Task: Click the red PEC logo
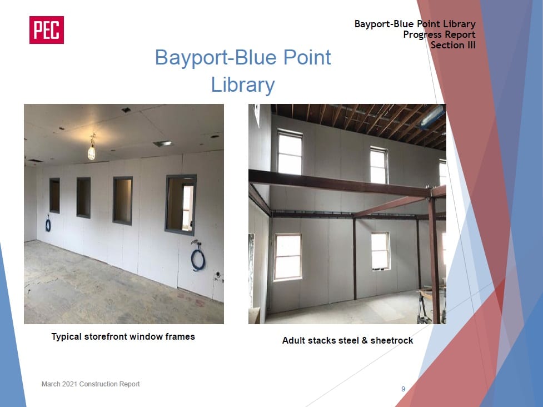(x=46, y=30)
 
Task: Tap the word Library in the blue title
(x=243, y=85)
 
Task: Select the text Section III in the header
(x=453, y=45)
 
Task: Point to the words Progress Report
(x=439, y=34)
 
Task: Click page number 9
(x=403, y=389)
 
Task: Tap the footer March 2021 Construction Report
(x=91, y=384)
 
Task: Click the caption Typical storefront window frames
(x=123, y=336)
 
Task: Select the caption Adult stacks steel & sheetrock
(x=347, y=340)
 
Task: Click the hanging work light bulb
(x=91, y=152)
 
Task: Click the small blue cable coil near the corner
(x=48, y=225)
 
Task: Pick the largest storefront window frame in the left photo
(x=181, y=205)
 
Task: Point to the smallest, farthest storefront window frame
(x=54, y=195)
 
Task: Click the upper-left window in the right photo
(x=290, y=152)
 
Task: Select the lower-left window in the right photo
(x=287, y=257)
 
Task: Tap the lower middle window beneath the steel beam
(x=381, y=251)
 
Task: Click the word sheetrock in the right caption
(x=392, y=340)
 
